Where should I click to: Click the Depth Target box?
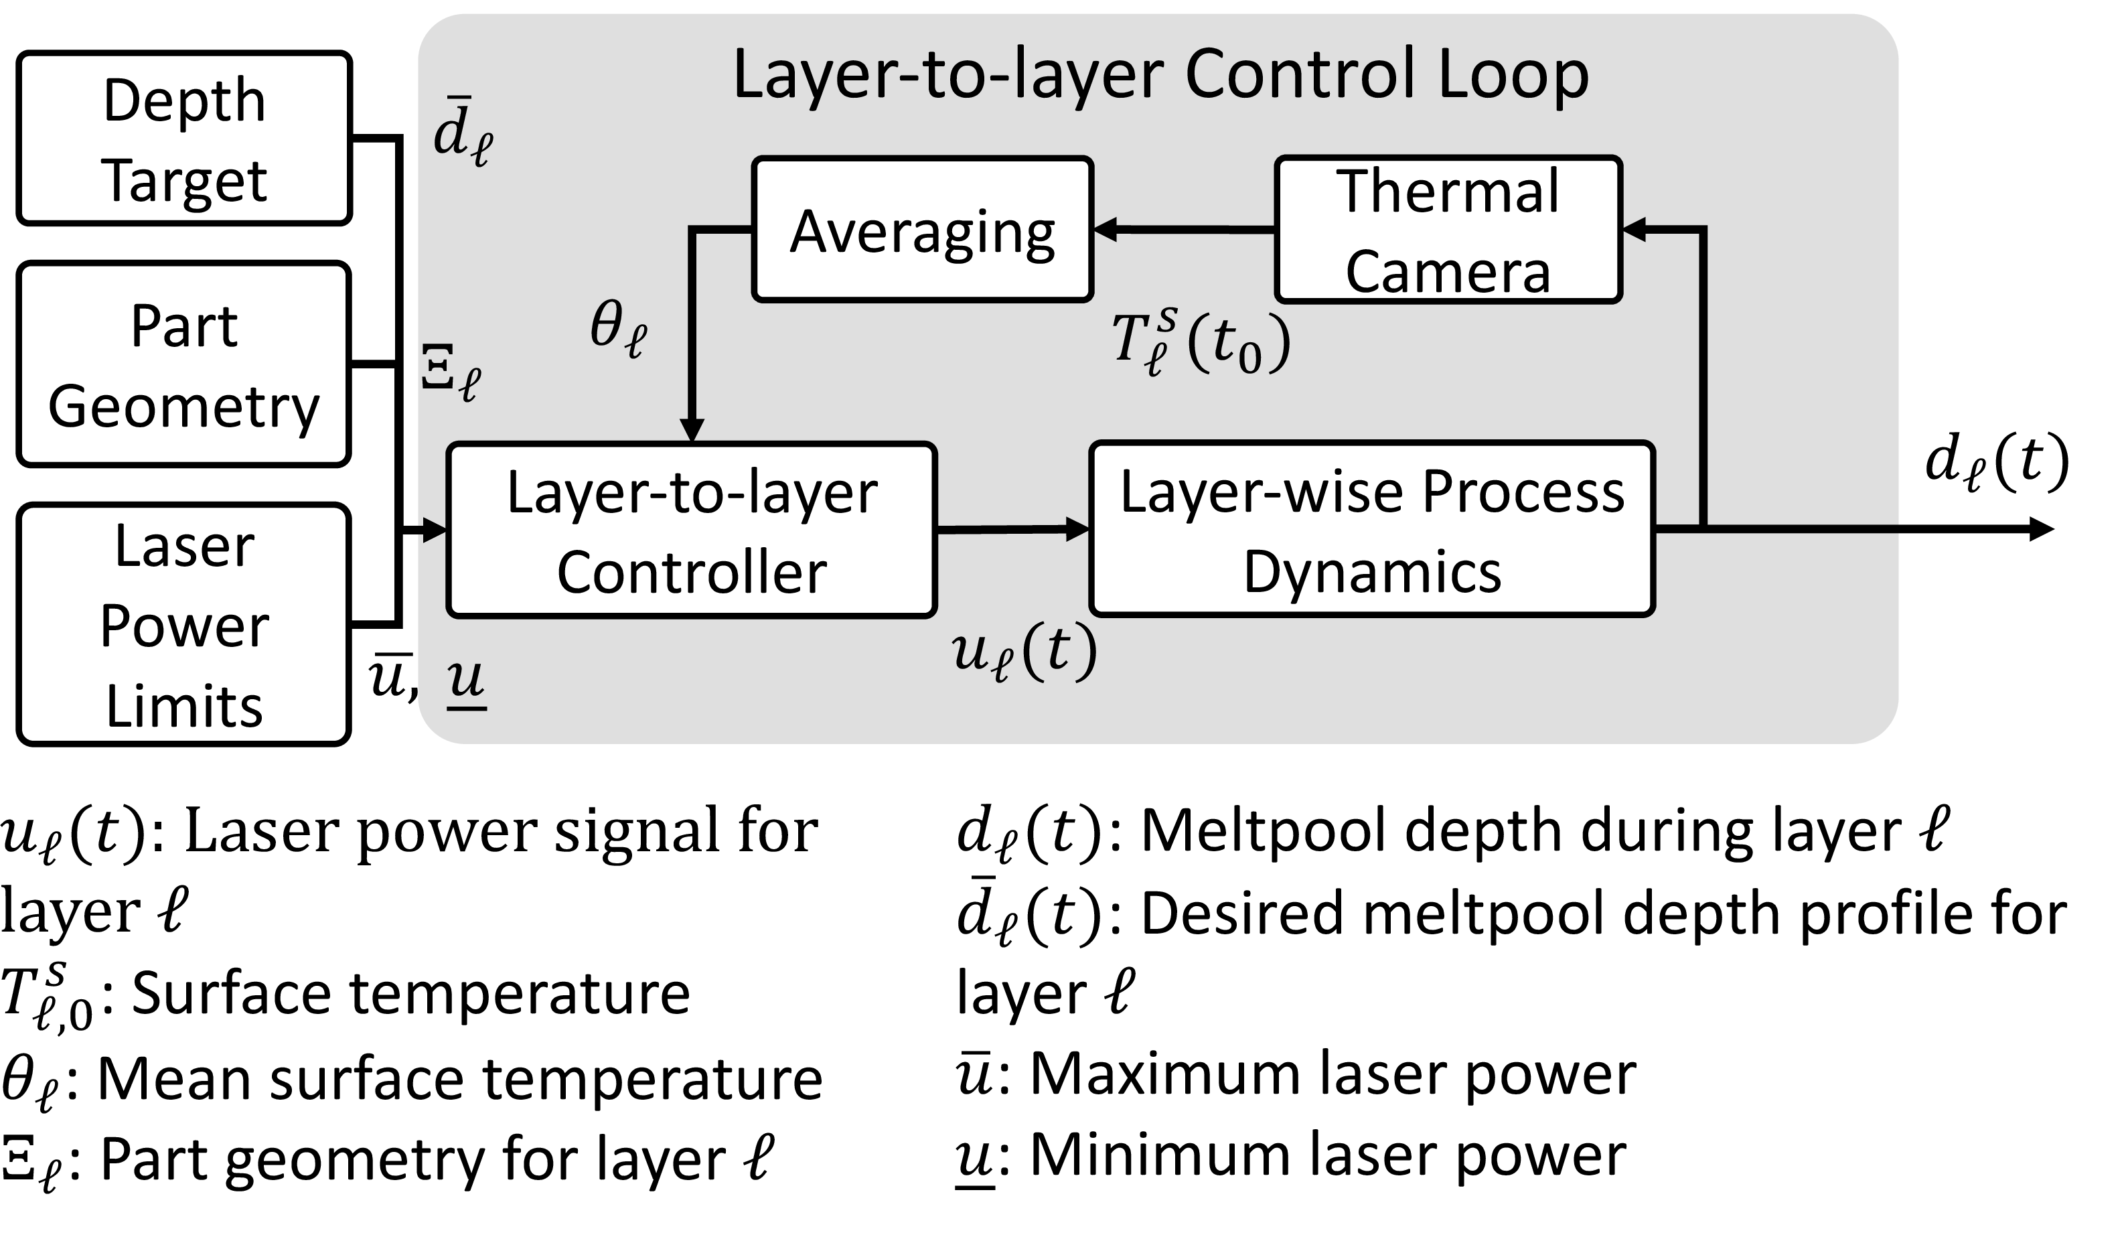184,139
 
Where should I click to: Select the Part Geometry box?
184,364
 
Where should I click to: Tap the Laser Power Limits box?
184,626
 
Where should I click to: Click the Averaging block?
922,230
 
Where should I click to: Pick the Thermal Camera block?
1448,230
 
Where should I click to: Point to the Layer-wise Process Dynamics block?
1372,530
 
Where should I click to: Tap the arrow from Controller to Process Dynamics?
1012,530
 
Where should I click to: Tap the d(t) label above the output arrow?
1996,464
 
